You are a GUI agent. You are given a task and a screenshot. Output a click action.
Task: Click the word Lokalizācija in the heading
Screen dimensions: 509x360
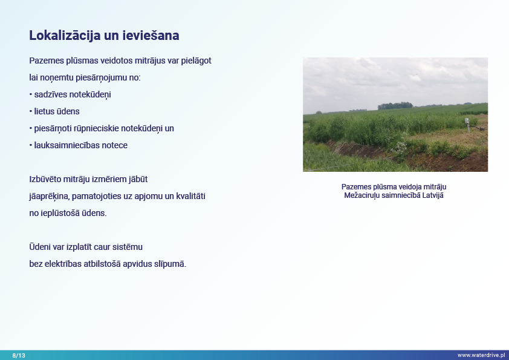pos(65,36)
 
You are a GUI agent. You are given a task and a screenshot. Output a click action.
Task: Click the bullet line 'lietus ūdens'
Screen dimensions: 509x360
pos(54,111)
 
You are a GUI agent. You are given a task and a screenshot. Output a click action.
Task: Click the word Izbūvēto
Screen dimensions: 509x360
pos(45,179)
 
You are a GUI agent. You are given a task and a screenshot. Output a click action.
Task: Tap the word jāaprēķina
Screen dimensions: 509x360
pos(49,196)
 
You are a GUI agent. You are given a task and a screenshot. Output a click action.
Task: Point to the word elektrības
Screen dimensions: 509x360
pos(63,264)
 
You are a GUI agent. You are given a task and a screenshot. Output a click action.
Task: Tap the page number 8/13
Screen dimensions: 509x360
pos(19,355)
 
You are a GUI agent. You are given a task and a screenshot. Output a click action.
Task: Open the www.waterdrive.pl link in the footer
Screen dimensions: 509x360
pos(481,355)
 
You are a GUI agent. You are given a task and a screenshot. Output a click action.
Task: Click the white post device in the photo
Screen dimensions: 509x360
pos(467,125)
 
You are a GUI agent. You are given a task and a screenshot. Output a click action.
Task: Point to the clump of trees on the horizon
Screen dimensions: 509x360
pos(395,106)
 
